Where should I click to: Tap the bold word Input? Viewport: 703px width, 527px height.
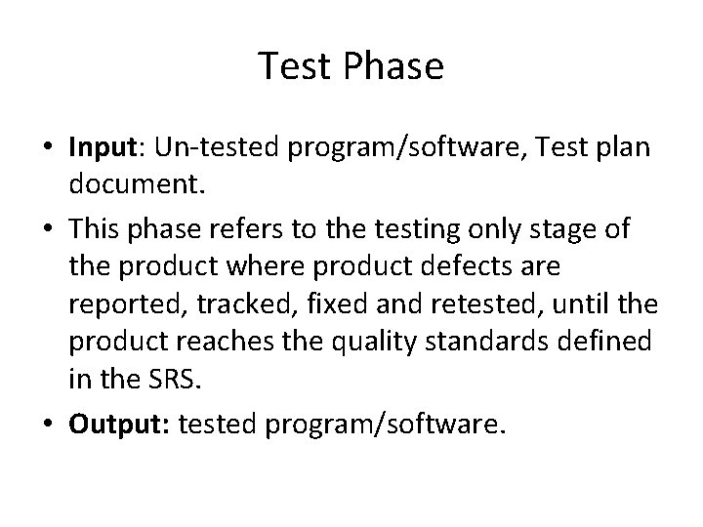pos(102,145)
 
